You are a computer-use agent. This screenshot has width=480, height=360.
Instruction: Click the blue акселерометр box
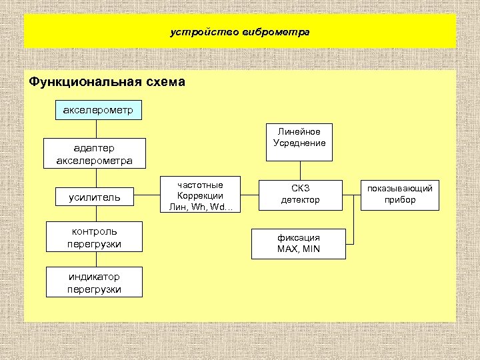98,109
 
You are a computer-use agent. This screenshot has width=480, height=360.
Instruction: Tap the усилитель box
94,197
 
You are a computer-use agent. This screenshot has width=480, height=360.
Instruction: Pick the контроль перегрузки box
94,238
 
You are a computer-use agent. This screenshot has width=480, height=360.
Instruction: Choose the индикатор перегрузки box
94,283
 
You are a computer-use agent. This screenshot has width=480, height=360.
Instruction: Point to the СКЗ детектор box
299,194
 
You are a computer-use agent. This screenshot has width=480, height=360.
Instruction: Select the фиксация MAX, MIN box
298,243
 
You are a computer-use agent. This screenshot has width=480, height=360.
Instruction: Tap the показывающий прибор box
399,194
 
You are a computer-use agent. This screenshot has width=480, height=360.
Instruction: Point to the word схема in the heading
163,82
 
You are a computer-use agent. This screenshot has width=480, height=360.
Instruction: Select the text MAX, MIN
298,249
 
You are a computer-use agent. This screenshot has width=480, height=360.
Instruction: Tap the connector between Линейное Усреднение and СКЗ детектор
299,170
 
